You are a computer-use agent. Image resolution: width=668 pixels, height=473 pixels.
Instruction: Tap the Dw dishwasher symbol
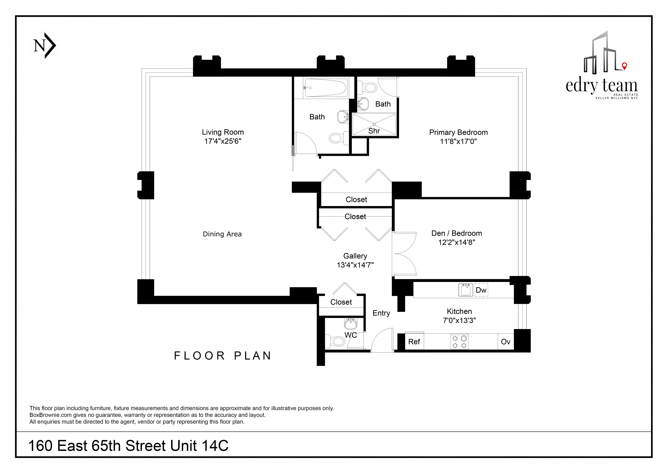point(481,290)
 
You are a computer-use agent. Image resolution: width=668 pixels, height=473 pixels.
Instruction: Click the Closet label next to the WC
point(341,302)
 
